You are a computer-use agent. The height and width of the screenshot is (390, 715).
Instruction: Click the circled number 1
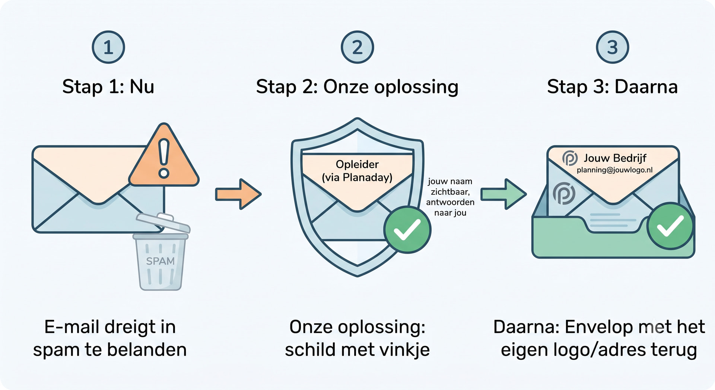pos(108,47)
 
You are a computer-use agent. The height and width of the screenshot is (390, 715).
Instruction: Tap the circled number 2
pos(357,47)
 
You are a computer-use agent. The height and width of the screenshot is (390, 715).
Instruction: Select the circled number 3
pos(612,47)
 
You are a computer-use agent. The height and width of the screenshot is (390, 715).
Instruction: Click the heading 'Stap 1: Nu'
pos(108,87)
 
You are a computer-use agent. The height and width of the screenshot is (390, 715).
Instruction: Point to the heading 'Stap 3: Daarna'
pos(612,87)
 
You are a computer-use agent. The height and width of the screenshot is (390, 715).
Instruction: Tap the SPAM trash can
pos(161,252)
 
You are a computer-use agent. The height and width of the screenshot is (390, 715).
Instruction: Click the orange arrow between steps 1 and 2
pos(238,194)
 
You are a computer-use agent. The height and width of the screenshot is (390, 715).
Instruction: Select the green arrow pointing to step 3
pos(503,194)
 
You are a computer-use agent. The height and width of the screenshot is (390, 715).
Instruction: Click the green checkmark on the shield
pos(407,230)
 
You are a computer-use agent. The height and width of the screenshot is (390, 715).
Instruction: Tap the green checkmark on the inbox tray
pos(670,226)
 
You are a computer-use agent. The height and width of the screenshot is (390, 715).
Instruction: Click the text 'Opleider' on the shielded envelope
pos(357,164)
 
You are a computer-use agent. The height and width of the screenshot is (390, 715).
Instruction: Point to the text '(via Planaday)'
pos(357,177)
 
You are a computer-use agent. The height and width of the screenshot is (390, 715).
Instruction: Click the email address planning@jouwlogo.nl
pos(615,170)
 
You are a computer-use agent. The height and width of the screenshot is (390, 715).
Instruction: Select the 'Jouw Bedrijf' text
pos(615,158)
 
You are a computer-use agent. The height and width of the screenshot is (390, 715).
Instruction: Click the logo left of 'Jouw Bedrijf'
pos(570,158)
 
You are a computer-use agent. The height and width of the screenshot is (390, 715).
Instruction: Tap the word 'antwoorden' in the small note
pos(450,202)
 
